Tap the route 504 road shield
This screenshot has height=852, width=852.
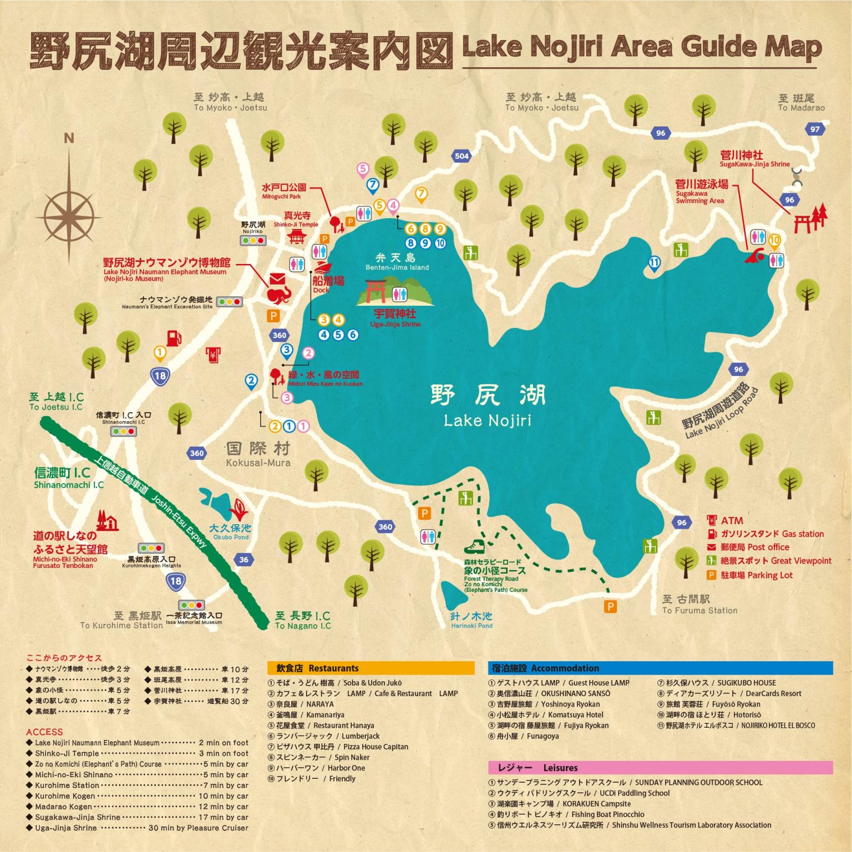(461, 156)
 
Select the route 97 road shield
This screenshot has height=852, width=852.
(815, 129)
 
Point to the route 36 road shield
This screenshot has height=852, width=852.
(244, 560)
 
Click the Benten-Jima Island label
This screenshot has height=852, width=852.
(397, 262)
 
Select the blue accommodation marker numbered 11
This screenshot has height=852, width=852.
(655, 263)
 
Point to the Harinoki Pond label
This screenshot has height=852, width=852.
(471, 620)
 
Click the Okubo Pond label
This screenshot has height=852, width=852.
(230, 532)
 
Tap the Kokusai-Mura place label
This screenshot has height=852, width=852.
(258, 454)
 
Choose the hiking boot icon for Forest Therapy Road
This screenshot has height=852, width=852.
(474, 547)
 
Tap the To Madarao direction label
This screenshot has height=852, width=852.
(800, 103)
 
